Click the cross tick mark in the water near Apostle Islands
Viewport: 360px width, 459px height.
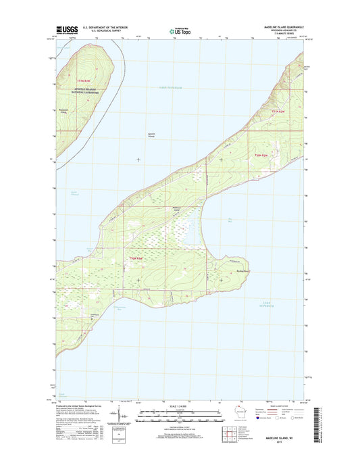click(x=138, y=160)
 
